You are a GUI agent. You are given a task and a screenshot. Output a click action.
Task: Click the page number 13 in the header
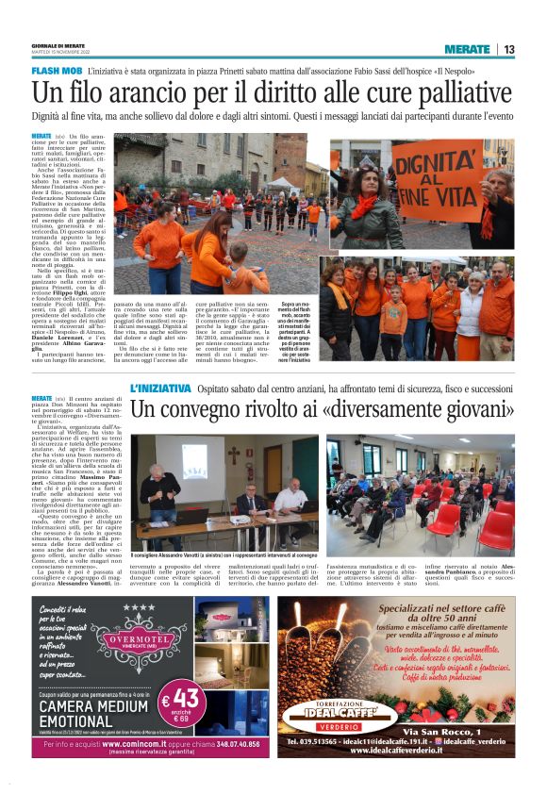(508, 49)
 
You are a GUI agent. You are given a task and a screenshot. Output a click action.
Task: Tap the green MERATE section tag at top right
(468, 49)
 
